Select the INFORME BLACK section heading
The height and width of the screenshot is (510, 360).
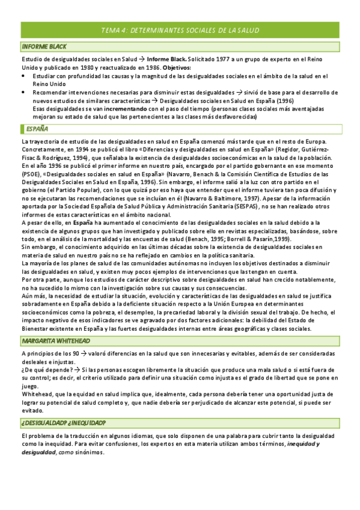pyautogui.click(x=44, y=46)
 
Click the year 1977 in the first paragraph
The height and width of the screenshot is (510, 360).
pyautogui.click(x=231, y=60)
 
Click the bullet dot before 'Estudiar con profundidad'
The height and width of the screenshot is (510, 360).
pyautogui.click(x=23, y=76)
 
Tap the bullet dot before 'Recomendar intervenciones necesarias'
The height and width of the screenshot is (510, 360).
pyautogui.click(x=23, y=93)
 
